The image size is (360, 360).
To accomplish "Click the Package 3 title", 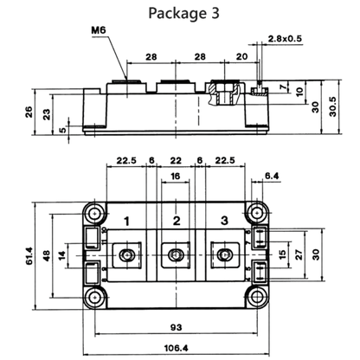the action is (x=183, y=13).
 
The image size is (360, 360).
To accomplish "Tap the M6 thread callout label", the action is (x=99, y=30).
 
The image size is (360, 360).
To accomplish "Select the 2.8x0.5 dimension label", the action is (x=285, y=38).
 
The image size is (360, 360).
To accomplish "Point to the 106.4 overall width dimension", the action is (x=176, y=348).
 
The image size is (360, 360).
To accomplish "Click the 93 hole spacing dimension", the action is (x=177, y=327).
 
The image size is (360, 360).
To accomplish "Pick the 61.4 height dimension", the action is (x=29, y=255).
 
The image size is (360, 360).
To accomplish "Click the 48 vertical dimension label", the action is (x=47, y=255).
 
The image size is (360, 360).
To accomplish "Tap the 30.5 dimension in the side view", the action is (x=332, y=106).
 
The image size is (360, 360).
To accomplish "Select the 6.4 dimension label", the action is (x=272, y=176).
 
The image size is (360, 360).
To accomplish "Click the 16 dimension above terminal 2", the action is (x=176, y=176).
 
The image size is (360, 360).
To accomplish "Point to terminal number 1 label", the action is (x=126, y=222).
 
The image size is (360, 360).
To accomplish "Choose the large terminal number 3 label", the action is (x=224, y=221).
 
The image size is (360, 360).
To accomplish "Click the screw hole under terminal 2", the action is (x=175, y=255).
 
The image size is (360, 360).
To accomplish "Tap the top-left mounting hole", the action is (x=94, y=214).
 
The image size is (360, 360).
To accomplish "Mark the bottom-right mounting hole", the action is (x=256, y=298).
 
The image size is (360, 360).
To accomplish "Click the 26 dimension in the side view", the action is (x=29, y=112).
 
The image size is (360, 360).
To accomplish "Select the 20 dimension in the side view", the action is (x=241, y=56).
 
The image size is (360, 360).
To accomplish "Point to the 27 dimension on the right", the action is (x=299, y=254).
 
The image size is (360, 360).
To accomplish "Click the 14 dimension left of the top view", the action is (x=61, y=255).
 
